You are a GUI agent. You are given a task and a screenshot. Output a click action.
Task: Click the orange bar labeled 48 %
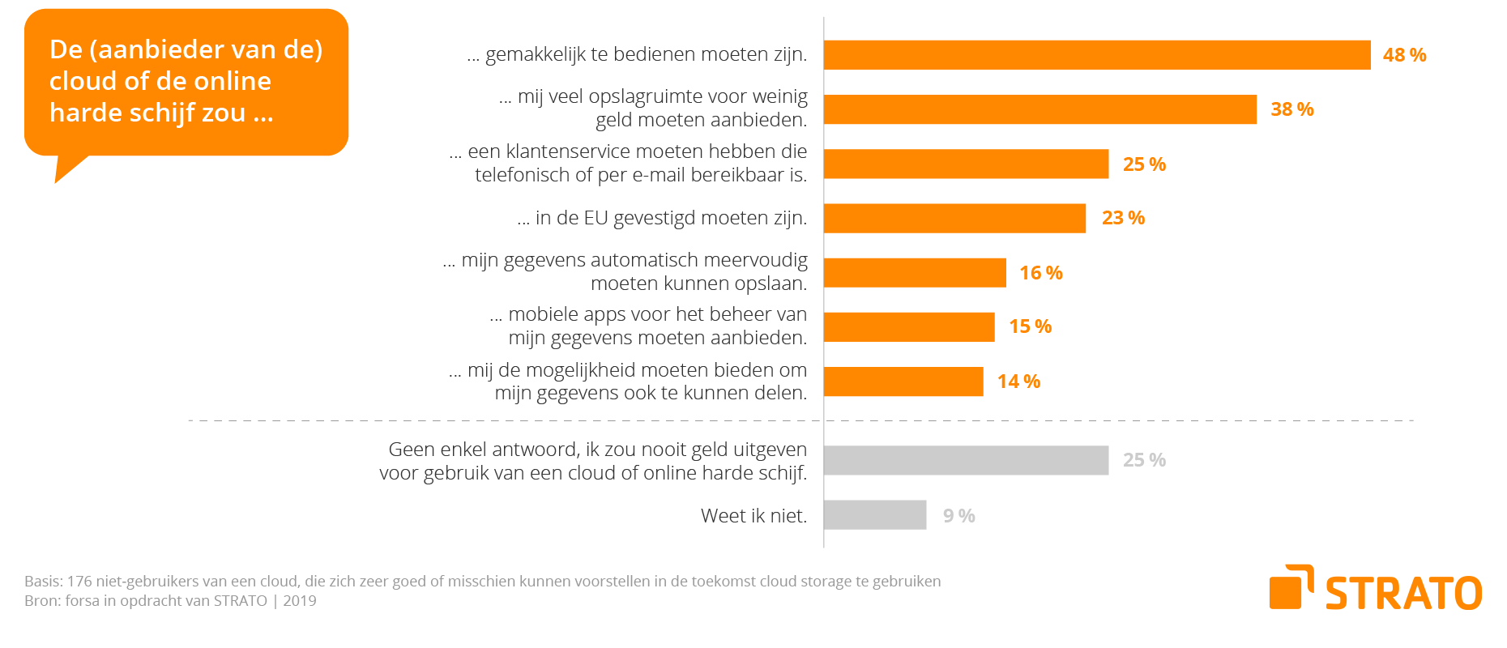1097,55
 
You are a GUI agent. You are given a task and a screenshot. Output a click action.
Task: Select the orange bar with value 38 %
1040,109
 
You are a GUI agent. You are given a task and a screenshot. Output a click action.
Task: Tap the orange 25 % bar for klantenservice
966,164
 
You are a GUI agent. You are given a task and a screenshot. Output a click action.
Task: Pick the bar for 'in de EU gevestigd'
954,218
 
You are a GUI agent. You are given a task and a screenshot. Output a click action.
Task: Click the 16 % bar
915,273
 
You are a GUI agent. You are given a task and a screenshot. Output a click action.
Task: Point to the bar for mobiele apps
909,327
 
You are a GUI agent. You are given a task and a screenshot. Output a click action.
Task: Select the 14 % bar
903,382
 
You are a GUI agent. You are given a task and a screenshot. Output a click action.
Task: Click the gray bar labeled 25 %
966,460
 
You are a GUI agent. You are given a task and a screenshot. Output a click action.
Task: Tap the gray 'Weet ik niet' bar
875,515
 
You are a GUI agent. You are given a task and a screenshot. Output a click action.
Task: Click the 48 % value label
1404,55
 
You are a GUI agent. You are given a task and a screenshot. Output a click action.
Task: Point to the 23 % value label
1123,218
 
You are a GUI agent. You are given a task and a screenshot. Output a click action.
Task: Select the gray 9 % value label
958,516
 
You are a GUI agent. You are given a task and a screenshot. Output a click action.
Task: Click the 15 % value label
1030,326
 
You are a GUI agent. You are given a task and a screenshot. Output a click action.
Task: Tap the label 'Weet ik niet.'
753,516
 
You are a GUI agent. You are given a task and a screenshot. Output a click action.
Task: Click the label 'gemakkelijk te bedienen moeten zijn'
646,54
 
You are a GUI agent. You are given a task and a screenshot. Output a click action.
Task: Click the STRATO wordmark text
1403,594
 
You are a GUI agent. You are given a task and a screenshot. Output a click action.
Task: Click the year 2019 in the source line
300,601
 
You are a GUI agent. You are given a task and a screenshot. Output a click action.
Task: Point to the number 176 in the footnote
79,582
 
